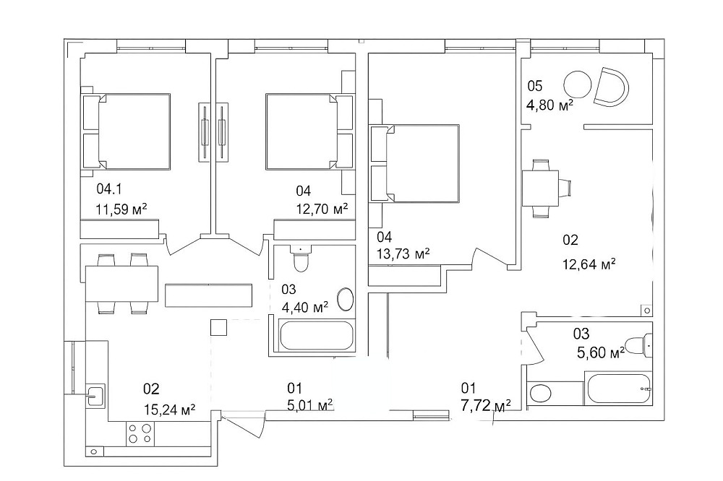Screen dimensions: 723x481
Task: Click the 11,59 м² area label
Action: point(121,209)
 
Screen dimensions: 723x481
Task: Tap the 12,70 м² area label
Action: point(322,209)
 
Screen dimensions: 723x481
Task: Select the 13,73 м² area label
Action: point(403,253)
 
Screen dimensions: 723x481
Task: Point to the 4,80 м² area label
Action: point(549,105)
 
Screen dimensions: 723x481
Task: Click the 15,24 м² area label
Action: point(169,409)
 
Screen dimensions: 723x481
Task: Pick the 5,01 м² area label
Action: point(310,405)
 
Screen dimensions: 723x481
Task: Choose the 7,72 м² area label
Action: point(486,406)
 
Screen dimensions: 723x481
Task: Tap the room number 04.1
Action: point(109,188)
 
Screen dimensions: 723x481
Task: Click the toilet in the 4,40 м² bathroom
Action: point(301,259)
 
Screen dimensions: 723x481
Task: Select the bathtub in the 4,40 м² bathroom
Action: point(317,335)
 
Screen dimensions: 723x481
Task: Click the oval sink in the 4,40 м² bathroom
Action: point(346,300)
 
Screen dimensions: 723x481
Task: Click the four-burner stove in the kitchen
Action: point(140,433)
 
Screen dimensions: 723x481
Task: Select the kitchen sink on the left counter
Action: point(95,395)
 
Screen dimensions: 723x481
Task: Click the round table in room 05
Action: point(577,84)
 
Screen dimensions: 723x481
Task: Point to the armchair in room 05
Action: point(611,86)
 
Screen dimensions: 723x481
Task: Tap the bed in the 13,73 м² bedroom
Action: point(415,163)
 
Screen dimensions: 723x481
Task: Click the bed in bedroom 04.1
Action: point(127,131)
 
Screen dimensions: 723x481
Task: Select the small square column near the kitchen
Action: point(218,327)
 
